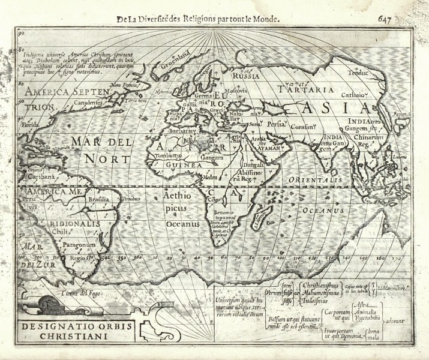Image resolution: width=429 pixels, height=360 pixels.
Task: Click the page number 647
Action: pyautogui.click(x=403, y=19)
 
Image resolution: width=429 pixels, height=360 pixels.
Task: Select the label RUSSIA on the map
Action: pyautogui.click(x=245, y=77)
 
